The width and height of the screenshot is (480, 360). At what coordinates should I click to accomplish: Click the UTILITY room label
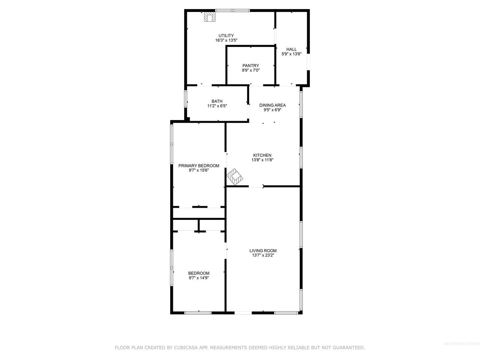[x=226, y=36]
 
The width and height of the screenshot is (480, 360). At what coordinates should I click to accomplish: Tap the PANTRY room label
[x=250, y=66]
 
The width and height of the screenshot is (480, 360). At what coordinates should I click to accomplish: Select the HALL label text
[x=291, y=49]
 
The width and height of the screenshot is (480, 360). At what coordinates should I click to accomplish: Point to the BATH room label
[x=217, y=101]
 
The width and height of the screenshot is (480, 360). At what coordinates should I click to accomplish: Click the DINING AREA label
[x=273, y=105]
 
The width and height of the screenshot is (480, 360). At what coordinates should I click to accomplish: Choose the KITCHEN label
[x=262, y=155]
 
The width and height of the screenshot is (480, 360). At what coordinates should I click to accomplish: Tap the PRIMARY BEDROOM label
[x=199, y=166]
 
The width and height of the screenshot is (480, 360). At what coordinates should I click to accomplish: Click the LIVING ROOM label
[x=263, y=251]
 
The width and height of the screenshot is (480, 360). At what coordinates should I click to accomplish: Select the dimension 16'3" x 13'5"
[x=226, y=40]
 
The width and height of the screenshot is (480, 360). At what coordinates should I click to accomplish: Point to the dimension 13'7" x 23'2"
[x=263, y=255]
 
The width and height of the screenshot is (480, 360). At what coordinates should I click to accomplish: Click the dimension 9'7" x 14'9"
[x=199, y=278]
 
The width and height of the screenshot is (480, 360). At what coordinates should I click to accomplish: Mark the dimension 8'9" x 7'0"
[x=250, y=70]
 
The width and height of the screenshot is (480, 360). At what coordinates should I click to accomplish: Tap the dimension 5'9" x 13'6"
[x=291, y=54]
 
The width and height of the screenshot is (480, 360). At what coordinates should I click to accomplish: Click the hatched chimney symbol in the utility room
[x=210, y=16]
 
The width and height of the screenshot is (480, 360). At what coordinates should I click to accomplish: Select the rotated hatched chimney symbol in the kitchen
[x=235, y=177]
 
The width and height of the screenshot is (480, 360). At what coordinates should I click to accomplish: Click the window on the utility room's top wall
[x=232, y=10]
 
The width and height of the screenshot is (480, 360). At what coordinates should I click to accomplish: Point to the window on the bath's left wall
[x=186, y=99]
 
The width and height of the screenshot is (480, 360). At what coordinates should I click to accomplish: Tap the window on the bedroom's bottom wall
[x=198, y=313]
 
